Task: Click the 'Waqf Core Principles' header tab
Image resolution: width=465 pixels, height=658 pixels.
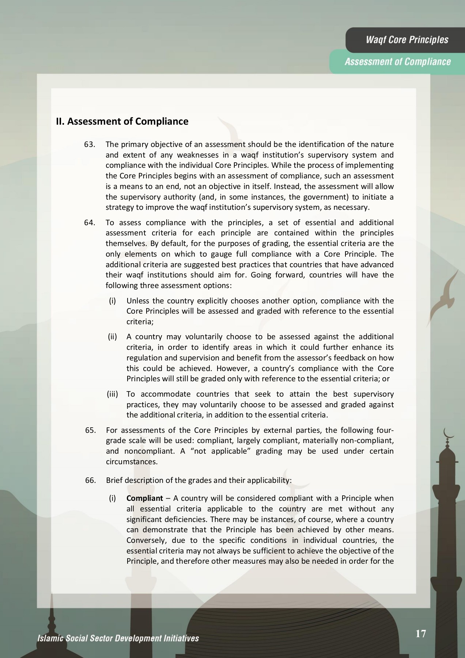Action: click(x=407, y=40)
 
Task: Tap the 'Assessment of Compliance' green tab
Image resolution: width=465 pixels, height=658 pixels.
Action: click(x=397, y=61)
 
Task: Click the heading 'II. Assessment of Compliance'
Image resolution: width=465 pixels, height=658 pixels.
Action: click(x=122, y=121)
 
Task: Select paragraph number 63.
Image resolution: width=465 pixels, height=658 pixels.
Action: click(x=90, y=144)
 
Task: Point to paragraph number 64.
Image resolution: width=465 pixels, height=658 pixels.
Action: click(x=90, y=223)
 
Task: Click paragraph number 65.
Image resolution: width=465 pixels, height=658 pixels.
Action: click(x=90, y=430)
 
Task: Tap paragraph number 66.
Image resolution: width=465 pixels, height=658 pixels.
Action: click(x=90, y=480)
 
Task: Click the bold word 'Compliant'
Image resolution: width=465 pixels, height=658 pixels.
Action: click(x=144, y=498)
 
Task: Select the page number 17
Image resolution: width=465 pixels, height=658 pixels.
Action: click(x=421, y=634)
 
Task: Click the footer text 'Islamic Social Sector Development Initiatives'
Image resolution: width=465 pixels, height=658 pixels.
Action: click(x=118, y=639)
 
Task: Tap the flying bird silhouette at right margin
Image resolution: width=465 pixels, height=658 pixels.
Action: click(x=444, y=296)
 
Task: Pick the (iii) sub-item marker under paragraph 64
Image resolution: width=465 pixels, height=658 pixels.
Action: click(x=112, y=394)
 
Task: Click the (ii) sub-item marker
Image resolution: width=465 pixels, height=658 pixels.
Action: click(x=112, y=337)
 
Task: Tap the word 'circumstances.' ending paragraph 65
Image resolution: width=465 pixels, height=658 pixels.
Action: click(x=132, y=462)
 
